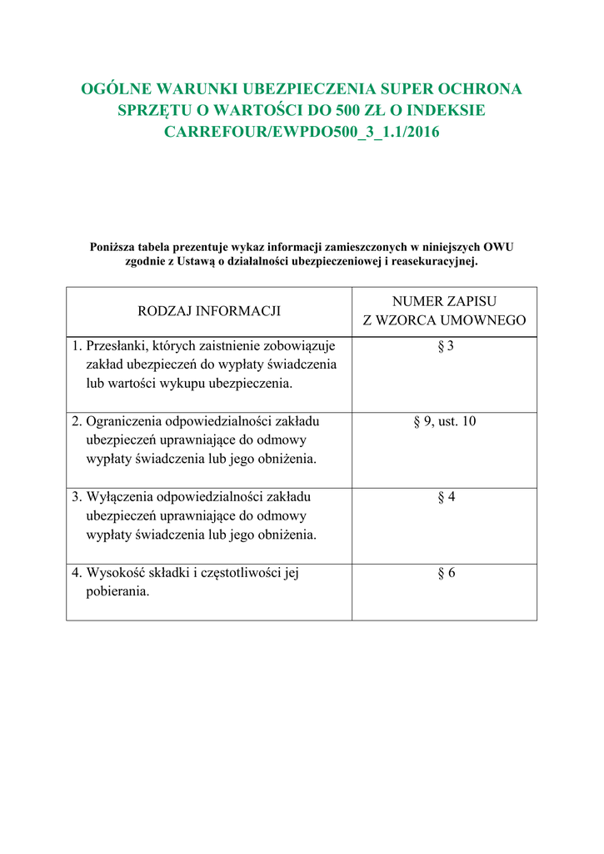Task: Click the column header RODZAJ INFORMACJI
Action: pyautogui.click(x=209, y=311)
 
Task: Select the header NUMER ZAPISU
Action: pyautogui.click(x=444, y=302)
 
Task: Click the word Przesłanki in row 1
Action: pyautogui.click(x=117, y=346)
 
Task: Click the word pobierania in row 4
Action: pyautogui.click(x=117, y=592)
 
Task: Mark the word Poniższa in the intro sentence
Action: pyautogui.click(x=112, y=247)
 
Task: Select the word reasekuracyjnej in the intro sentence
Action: pyautogui.click(x=433, y=261)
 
